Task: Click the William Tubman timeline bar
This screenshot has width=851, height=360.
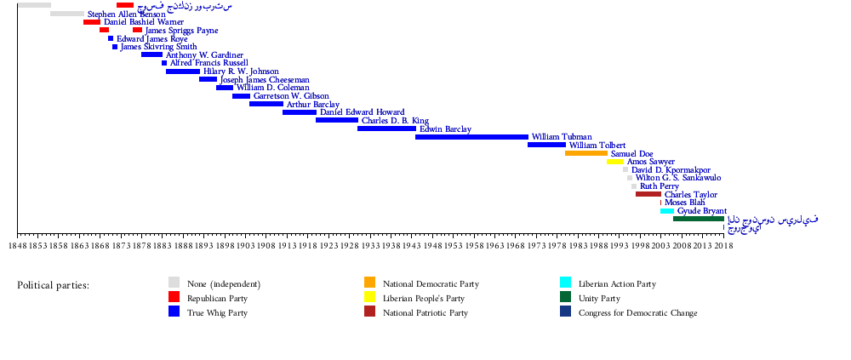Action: point(471,136)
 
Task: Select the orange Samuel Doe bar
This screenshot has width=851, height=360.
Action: point(586,153)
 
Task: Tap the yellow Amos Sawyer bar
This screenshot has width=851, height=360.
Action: point(615,162)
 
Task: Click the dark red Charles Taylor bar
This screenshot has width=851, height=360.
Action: point(648,194)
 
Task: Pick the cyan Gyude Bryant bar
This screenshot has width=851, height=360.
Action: point(667,211)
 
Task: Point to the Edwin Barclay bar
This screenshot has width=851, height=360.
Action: point(386,129)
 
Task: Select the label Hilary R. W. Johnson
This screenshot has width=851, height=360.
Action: point(241,71)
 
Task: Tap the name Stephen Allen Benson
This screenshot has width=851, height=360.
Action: point(127,14)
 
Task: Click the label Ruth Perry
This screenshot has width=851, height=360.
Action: point(660,186)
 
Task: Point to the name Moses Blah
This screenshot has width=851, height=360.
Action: point(684,203)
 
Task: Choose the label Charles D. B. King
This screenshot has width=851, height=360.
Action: point(395,121)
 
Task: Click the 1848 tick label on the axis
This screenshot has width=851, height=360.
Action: point(18,246)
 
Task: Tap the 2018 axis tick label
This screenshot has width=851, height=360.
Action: point(723,246)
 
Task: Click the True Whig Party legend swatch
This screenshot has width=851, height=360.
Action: point(174,312)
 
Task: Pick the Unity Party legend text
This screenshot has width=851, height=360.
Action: point(599,299)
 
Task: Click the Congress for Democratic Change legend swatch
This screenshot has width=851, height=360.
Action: point(566,312)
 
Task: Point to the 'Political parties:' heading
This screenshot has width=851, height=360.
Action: point(53,285)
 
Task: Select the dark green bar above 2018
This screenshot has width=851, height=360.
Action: point(698,219)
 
